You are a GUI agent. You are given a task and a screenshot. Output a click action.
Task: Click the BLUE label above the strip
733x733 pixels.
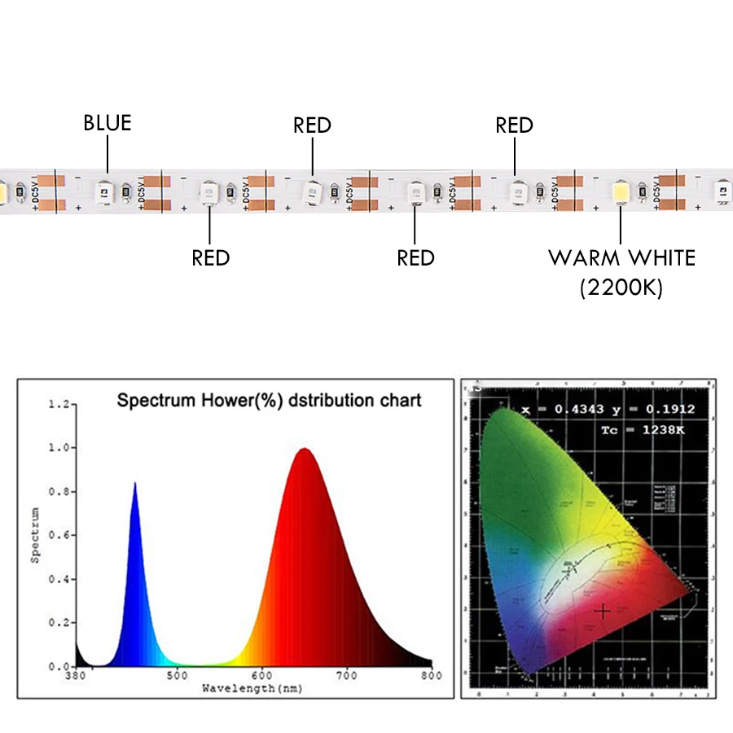107,123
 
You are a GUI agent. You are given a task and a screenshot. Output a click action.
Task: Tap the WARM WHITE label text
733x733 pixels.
621,259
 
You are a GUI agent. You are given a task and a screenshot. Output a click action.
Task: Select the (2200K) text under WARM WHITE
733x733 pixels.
621,287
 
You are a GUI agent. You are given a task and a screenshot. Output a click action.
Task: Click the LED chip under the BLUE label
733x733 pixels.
105,191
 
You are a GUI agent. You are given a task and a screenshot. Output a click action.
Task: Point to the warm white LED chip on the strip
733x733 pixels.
621,192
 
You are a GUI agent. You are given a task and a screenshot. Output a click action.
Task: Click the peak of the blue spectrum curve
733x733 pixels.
134,483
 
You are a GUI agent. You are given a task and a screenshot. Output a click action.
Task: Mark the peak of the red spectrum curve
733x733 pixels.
304,449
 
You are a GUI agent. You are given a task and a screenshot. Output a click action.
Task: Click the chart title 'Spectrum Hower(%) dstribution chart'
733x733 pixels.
270,401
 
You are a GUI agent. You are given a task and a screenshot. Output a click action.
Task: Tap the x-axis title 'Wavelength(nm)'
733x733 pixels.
252,689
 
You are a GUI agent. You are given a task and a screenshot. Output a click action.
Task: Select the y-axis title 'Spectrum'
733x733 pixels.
35,535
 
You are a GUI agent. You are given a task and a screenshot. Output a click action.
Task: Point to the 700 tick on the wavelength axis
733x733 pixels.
347,675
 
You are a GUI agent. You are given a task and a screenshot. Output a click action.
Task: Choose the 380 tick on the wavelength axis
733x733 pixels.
76,675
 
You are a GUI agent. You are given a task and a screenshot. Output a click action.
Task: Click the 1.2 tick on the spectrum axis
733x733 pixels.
58,404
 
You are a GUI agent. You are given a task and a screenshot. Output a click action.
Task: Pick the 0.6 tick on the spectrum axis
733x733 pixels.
58,535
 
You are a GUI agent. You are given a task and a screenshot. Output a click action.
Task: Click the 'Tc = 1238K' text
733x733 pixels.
642,429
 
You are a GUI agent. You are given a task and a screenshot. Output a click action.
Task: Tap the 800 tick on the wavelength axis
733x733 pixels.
432,675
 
